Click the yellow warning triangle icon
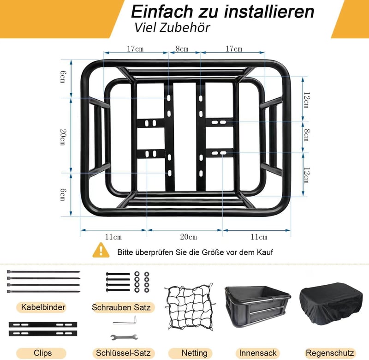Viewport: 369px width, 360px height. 101,250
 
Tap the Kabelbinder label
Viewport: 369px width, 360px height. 43,307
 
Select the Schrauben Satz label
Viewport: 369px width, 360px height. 121,307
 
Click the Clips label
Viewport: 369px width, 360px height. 42,353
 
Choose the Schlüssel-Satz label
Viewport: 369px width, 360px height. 123,353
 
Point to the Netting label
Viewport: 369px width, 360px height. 194,353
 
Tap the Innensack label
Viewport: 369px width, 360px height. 258,353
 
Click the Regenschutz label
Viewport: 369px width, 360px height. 330,353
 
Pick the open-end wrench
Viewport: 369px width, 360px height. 124,337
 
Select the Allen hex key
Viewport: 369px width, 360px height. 125,320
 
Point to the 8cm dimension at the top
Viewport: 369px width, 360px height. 182,49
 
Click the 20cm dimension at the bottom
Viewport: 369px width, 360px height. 188,237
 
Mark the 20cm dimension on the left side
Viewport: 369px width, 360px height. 63,137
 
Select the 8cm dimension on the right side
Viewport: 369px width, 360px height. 306,135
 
